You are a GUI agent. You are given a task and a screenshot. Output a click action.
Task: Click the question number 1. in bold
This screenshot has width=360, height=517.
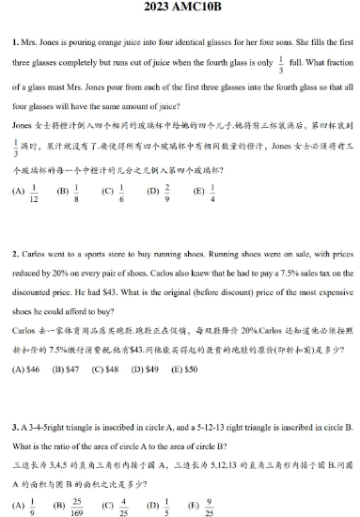point(15,42)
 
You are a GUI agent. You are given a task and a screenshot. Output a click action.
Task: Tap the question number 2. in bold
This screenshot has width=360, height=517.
point(15,254)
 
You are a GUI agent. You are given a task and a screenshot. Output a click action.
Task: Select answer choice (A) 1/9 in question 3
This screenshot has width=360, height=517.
point(25,506)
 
